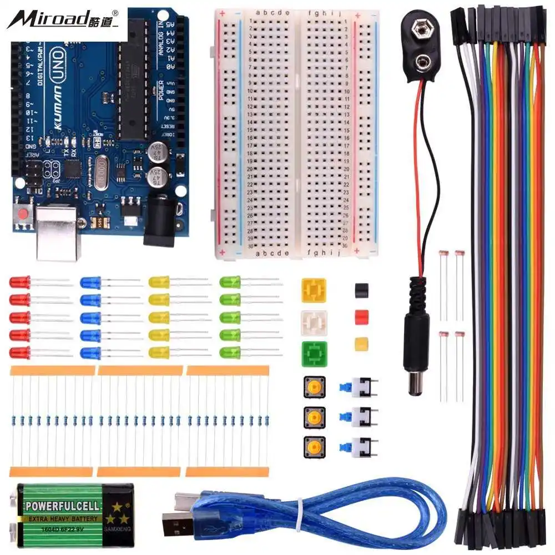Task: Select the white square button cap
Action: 314,322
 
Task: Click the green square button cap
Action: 314,354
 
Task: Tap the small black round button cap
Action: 362,290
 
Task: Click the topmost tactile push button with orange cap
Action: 314,387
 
